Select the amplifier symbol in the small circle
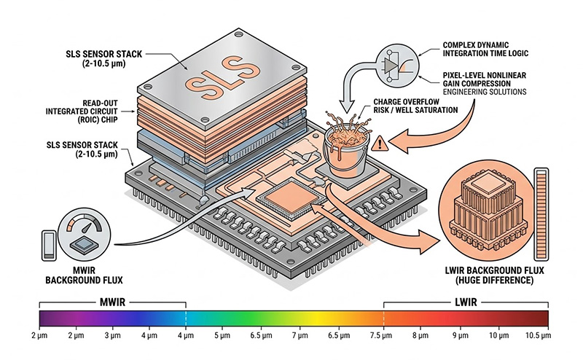391,64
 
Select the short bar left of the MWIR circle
47,245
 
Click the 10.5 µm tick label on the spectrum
537,337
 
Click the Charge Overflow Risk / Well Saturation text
413,107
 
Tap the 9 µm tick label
461,337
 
